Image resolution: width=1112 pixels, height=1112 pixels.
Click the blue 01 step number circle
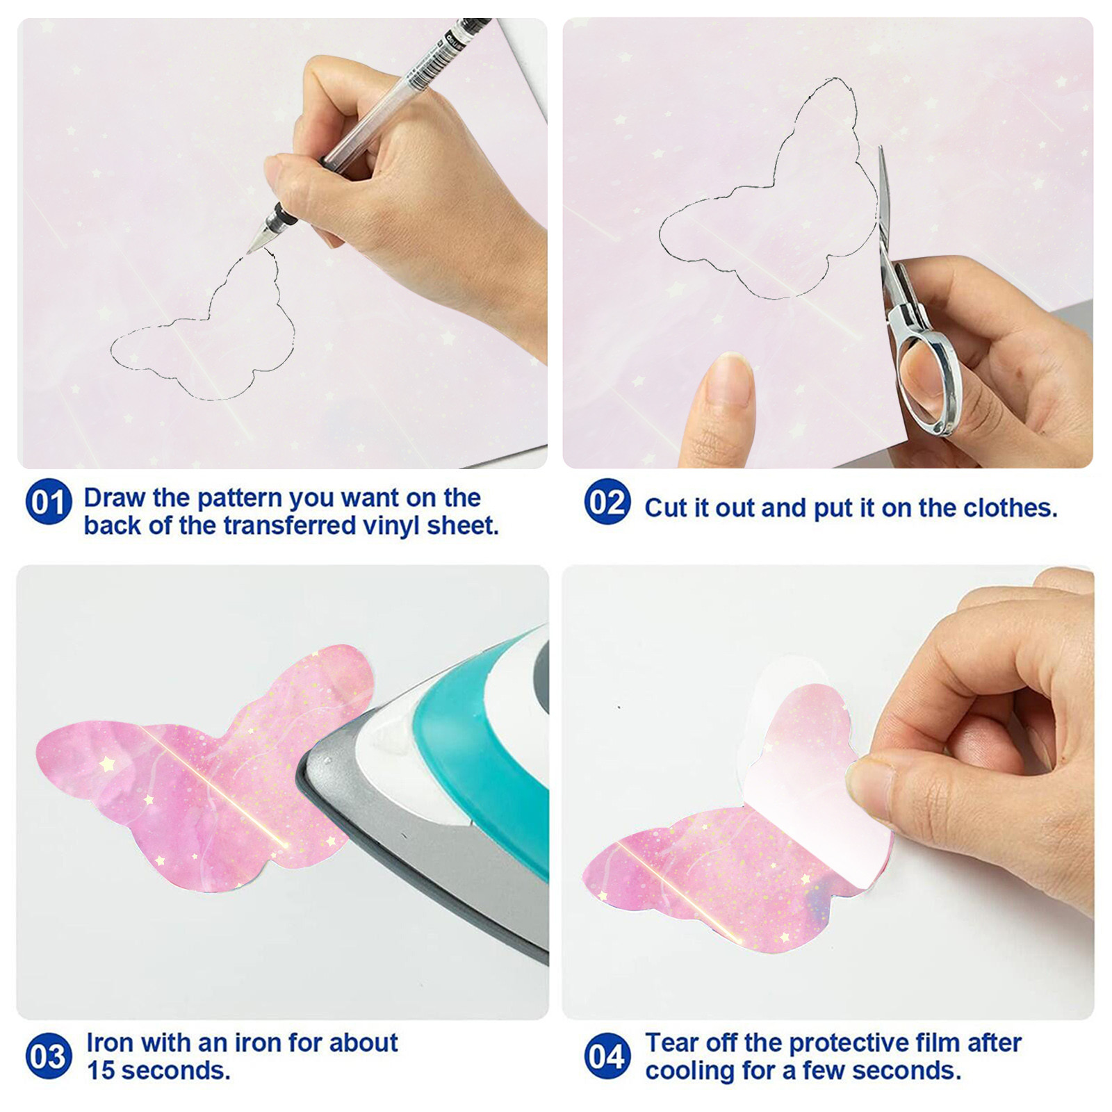(48, 501)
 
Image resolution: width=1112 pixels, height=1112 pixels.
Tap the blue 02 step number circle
(607, 501)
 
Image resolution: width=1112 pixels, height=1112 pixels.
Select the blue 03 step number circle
(48, 1056)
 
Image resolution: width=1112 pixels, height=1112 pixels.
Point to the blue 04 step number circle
(607, 1056)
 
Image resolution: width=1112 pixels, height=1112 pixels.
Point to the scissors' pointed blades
(884, 202)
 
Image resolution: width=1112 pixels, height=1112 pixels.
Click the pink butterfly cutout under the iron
(202, 771)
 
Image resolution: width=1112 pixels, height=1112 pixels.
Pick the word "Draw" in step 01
(115, 498)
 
